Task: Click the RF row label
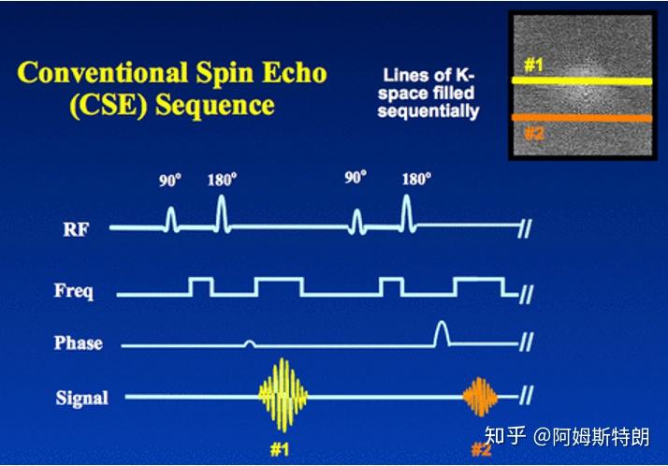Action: pos(77,229)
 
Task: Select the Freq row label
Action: pos(74,291)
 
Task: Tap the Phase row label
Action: pos(79,343)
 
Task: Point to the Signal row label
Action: pos(81,399)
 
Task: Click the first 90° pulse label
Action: pos(170,181)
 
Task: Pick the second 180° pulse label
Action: pos(416,179)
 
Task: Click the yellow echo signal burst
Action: pos(283,395)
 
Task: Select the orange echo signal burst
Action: pos(480,397)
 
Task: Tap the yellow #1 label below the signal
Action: pos(280,450)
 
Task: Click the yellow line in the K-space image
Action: pos(582,80)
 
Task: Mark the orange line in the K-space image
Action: pos(582,118)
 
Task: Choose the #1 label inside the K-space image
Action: pos(533,66)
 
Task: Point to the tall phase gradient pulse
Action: pos(442,333)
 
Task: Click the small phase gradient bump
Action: pos(250,343)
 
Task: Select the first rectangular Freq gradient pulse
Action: pos(201,286)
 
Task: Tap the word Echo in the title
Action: pos(294,73)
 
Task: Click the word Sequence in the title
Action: pos(214,106)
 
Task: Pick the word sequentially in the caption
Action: pos(428,111)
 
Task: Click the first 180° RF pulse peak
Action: pos(221,197)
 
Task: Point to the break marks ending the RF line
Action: pos(525,229)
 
